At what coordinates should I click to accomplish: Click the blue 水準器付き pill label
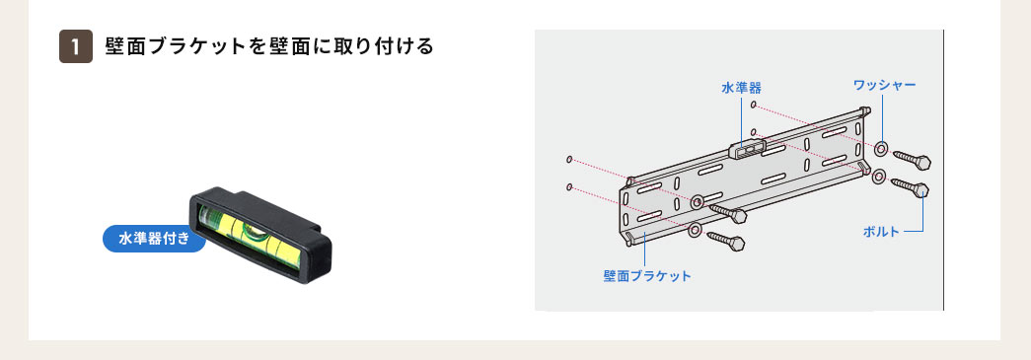point(154,239)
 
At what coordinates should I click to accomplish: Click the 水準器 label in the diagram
point(741,88)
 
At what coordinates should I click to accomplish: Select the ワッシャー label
point(884,86)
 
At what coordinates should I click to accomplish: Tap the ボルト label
point(881,232)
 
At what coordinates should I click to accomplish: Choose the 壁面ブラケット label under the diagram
point(647,275)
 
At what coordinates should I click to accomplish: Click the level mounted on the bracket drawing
point(748,148)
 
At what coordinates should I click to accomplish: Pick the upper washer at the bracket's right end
point(882,150)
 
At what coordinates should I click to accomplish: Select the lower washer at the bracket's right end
point(877,177)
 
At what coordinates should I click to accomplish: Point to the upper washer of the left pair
point(698,202)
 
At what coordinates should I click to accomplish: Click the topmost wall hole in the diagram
point(753,105)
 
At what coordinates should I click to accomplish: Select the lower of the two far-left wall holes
point(570,185)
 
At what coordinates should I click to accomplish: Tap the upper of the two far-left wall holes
point(570,159)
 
